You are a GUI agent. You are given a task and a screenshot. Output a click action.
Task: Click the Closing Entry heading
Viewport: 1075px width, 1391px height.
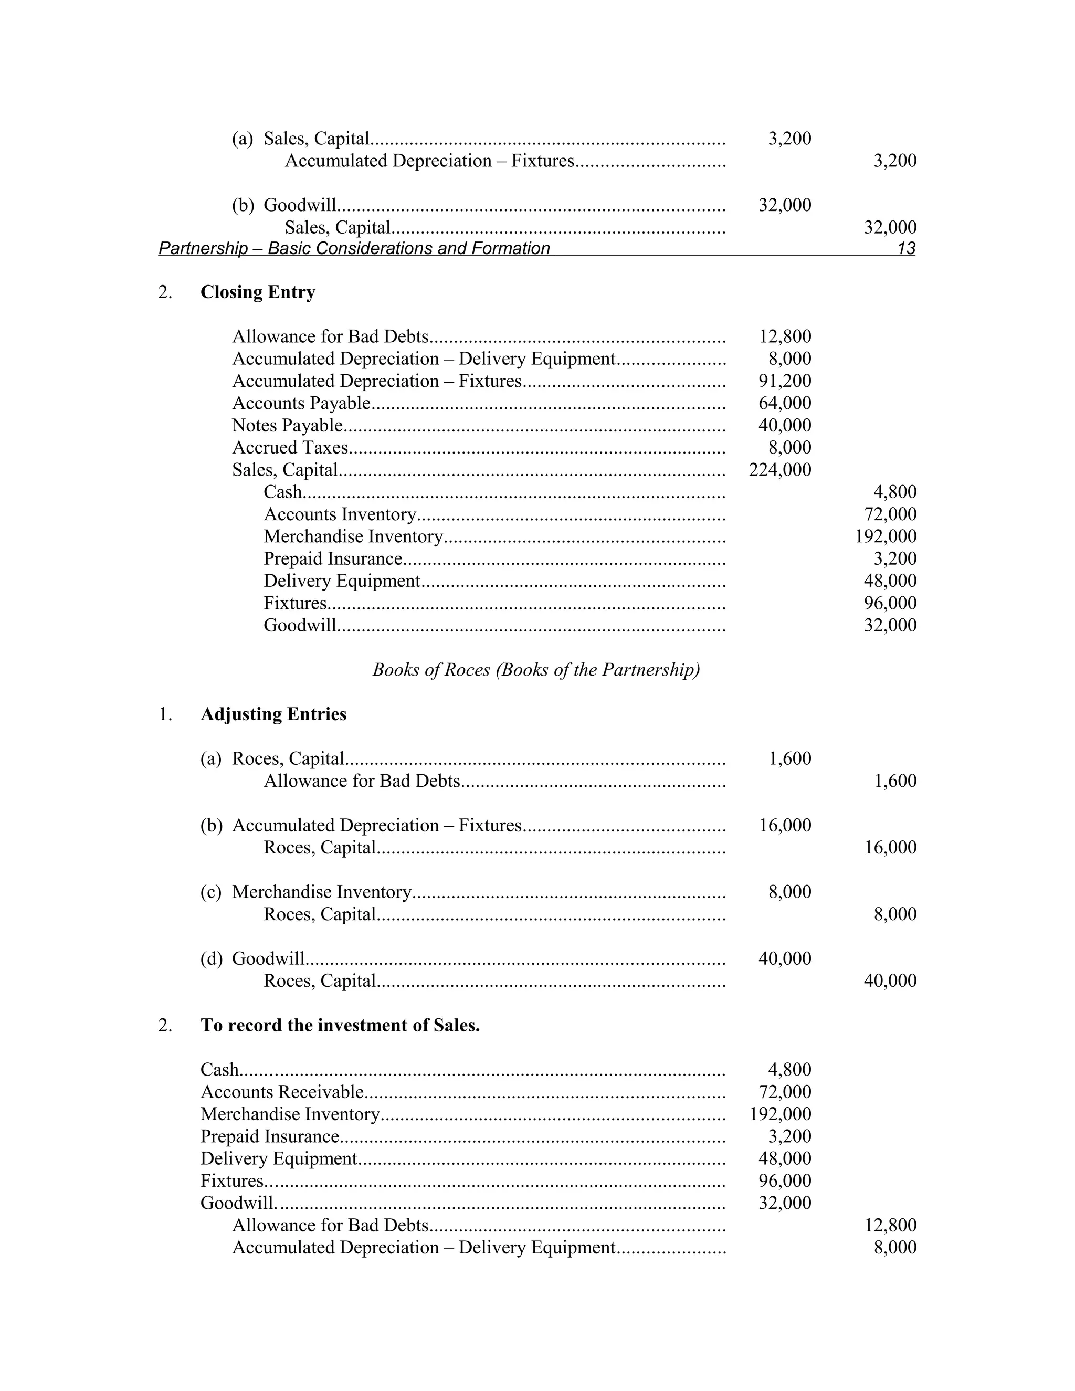click(257, 292)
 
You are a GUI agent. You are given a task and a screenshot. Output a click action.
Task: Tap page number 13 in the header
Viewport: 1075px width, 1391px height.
click(905, 248)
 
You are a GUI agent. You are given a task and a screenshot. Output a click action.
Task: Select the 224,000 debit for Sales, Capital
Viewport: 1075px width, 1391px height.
click(779, 470)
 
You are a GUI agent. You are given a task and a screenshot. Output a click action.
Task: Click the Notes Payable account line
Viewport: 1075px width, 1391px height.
click(287, 426)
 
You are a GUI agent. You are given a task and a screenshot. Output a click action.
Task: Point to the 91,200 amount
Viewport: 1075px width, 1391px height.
click(785, 381)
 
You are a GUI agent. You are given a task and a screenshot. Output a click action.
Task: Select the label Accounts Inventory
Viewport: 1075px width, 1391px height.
click(340, 514)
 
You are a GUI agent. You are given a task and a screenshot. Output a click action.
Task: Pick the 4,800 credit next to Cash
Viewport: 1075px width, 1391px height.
click(895, 492)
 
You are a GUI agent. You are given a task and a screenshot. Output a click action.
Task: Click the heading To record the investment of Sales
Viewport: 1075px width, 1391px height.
click(340, 1026)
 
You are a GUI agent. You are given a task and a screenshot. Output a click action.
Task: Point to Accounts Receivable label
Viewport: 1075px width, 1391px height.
click(282, 1092)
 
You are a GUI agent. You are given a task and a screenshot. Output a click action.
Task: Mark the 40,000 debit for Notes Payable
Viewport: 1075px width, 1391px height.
click(785, 426)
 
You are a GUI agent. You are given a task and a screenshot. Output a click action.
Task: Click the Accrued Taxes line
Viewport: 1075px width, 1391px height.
click(290, 448)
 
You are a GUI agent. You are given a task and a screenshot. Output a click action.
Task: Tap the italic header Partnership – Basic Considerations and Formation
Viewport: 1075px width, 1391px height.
click(354, 248)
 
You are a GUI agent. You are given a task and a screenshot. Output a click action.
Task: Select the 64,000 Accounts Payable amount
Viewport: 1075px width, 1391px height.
click(785, 403)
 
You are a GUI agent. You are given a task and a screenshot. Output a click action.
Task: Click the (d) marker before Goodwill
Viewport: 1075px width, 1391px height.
click(212, 958)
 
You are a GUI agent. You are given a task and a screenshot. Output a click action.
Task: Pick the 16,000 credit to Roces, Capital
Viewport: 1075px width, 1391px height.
click(890, 848)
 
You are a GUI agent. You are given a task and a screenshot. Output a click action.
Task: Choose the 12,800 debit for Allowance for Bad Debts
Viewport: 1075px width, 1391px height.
click(785, 336)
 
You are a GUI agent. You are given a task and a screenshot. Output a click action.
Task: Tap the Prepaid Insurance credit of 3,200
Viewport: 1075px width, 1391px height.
click(895, 558)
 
